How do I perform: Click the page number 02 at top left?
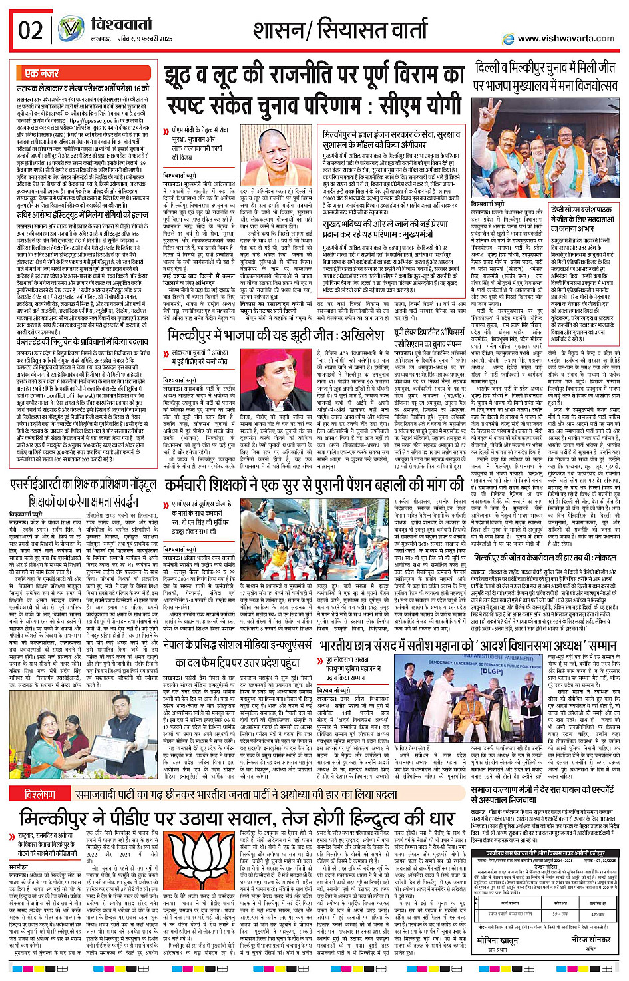click(31, 31)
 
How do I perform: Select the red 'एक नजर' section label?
click(42, 73)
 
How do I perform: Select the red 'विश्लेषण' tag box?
click(40, 795)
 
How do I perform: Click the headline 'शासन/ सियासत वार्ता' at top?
click(339, 30)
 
